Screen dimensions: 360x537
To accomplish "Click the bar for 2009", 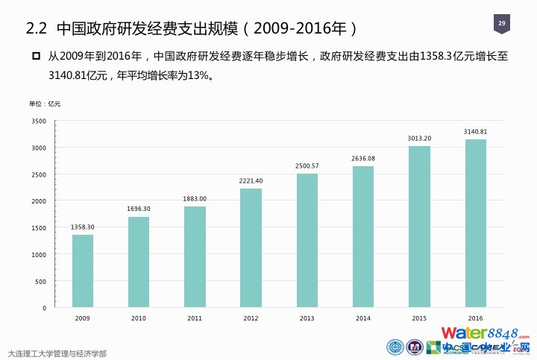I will pyautogui.click(x=83, y=271).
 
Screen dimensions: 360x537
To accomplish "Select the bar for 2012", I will pyautogui.click(x=251, y=247).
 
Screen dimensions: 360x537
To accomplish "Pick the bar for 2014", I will pyautogui.click(x=363, y=236).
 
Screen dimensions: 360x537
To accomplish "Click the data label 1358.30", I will pyautogui.click(x=83, y=227).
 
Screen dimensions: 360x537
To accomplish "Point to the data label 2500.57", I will pyautogui.click(x=307, y=165).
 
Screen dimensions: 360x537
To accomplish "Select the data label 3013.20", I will pyautogui.click(x=419, y=138).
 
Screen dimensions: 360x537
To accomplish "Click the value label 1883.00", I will pyautogui.click(x=195, y=198).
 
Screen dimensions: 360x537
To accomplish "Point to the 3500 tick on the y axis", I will pyautogui.click(x=40, y=121).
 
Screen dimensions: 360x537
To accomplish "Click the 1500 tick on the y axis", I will pyautogui.click(x=40, y=228).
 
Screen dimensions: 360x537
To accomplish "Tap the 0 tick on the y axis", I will pyautogui.click(x=44, y=308).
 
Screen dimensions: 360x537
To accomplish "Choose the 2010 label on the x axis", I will pyautogui.click(x=139, y=318).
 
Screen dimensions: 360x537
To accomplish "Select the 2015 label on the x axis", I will pyautogui.click(x=419, y=318).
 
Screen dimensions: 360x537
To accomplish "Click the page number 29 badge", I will pyautogui.click(x=501, y=25).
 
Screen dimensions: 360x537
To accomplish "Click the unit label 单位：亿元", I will pyautogui.click(x=45, y=103).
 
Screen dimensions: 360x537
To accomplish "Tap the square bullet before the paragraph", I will pyautogui.click(x=35, y=57).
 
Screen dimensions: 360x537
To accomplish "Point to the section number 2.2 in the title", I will pyautogui.click(x=37, y=29).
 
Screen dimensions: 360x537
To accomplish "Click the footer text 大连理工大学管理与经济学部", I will pyautogui.click(x=57, y=353).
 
